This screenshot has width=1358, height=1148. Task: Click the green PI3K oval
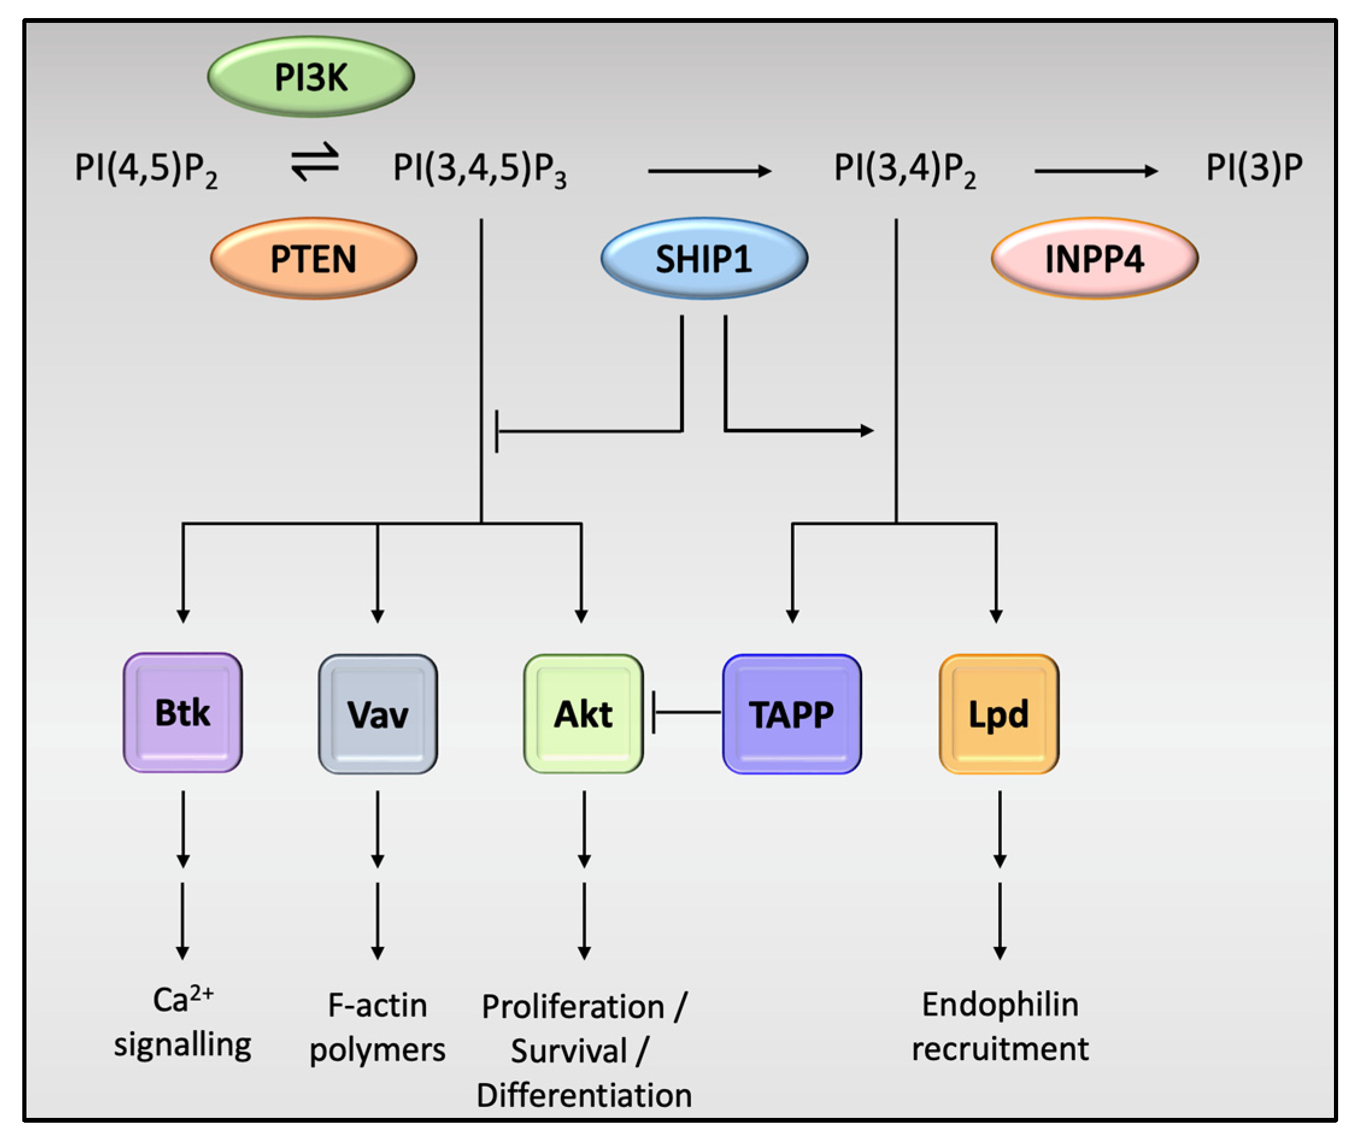(310, 76)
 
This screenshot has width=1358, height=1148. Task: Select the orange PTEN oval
(313, 258)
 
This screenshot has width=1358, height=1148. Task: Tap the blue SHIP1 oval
(704, 258)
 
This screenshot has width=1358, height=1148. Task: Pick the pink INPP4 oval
(1094, 258)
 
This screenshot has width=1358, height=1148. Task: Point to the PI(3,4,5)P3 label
(479, 169)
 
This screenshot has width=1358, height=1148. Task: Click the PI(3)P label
(1253, 167)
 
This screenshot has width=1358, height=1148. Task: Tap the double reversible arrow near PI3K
(314, 162)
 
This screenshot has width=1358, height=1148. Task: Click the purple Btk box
(183, 713)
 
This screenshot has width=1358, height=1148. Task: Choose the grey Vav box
(378, 714)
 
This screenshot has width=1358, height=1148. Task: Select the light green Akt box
(583, 714)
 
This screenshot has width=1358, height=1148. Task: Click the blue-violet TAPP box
(791, 714)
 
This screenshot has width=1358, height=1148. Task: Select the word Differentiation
(584, 1095)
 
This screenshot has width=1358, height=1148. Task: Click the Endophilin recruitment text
(1000, 1026)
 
